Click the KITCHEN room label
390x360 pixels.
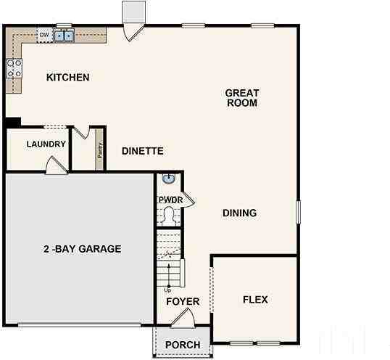pyautogui.click(x=67, y=78)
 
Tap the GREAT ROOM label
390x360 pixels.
pyautogui.click(x=241, y=98)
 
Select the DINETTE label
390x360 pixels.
pyautogui.click(x=142, y=151)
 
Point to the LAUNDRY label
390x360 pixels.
pyautogui.click(x=46, y=144)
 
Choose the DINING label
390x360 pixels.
pyautogui.click(x=239, y=213)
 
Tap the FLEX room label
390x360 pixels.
pyautogui.click(x=255, y=299)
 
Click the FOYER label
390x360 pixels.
pyautogui.click(x=183, y=301)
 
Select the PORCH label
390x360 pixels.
pyautogui.click(x=183, y=345)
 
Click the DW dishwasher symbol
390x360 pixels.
pyautogui.click(x=44, y=34)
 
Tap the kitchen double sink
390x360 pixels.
pyautogui.click(x=65, y=34)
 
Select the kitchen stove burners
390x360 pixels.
pyautogui.click(x=14, y=68)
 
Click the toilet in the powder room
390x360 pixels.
pyautogui.click(x=170, y=214)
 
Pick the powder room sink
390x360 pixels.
pyautogui.click(x=169, y=179)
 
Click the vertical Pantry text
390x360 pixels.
pyautogui.click(x=100, y=150)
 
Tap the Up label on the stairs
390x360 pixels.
pyautogui.click(x=167, y=290)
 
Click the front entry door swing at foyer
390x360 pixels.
pyautogui.click(x=182, y=316)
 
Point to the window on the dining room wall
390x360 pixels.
pyautogui.click(x=298, y=212)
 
